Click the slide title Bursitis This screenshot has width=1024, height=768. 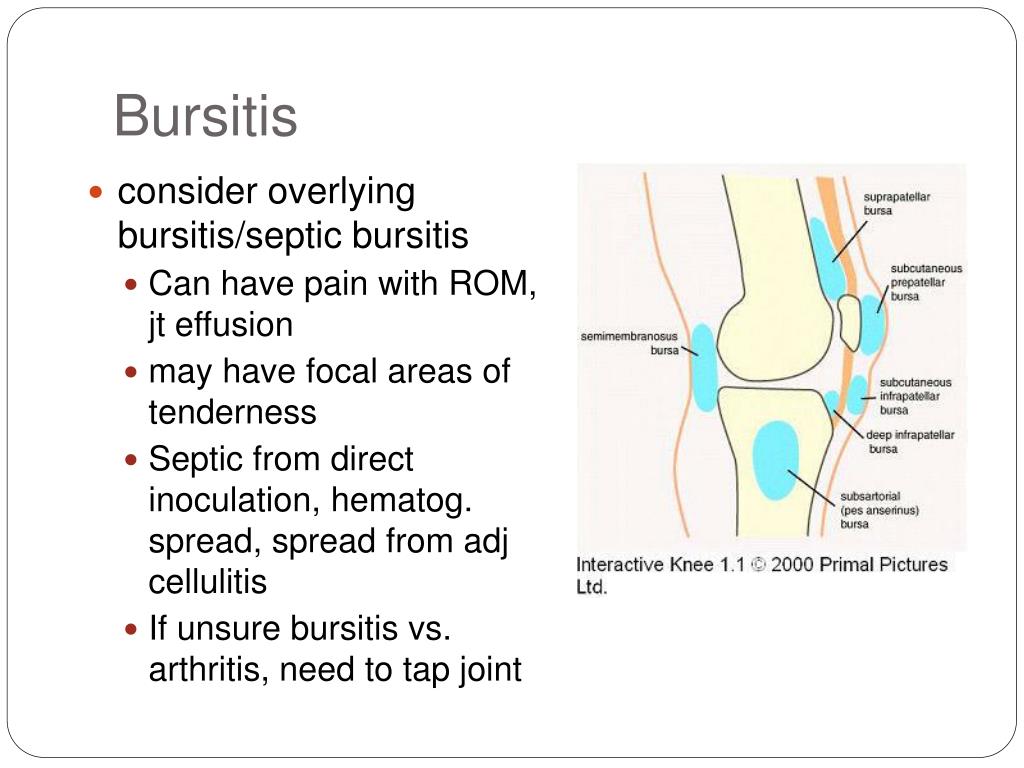205,117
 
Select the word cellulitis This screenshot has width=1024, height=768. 208,582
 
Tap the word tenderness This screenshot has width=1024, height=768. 232,411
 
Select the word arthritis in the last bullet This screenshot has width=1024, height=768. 206,669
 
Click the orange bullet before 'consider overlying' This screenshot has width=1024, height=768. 97,191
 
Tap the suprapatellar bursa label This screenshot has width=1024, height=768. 897,204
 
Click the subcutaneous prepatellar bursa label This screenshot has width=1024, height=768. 926,282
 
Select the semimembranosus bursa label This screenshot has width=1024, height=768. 630,343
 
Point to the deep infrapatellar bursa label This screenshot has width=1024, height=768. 911,442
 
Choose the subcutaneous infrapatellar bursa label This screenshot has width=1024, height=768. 915,396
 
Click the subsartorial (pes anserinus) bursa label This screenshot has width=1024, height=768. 879,509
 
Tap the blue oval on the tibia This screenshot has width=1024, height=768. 774,460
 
